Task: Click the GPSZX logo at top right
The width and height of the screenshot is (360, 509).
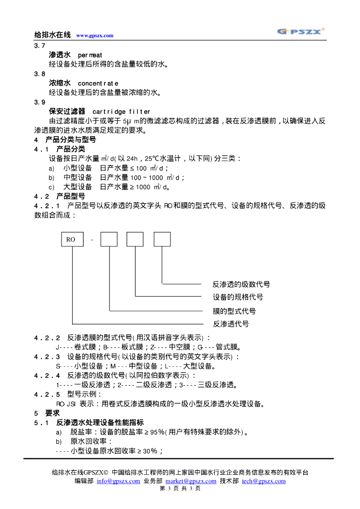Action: pos(301,31)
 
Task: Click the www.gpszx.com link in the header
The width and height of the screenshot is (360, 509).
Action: pos(94,35)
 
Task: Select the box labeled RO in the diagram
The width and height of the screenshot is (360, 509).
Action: pos(72,239)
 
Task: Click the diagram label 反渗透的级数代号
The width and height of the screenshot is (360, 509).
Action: pos(241,284)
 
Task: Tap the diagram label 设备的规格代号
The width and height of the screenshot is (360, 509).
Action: pos(238,297)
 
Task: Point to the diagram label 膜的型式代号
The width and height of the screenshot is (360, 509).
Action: pos(234,311)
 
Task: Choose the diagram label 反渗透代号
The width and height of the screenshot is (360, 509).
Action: pos(231,324)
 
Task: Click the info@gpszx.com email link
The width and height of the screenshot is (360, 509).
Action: pos(118,481)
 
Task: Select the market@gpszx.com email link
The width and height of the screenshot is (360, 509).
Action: pos(191,481)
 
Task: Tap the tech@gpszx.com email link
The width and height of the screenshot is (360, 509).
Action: pos(264,481)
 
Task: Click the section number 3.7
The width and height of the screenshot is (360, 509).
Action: pos(39,46)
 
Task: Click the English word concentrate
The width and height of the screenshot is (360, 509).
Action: pos(98,83)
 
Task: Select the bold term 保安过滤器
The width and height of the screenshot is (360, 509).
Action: pos(67,111)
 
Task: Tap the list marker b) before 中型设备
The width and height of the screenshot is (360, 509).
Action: pos(51,177)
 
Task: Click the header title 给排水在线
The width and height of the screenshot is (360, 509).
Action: pos(52,35)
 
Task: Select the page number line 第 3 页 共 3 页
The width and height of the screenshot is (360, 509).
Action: pos(180,489)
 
